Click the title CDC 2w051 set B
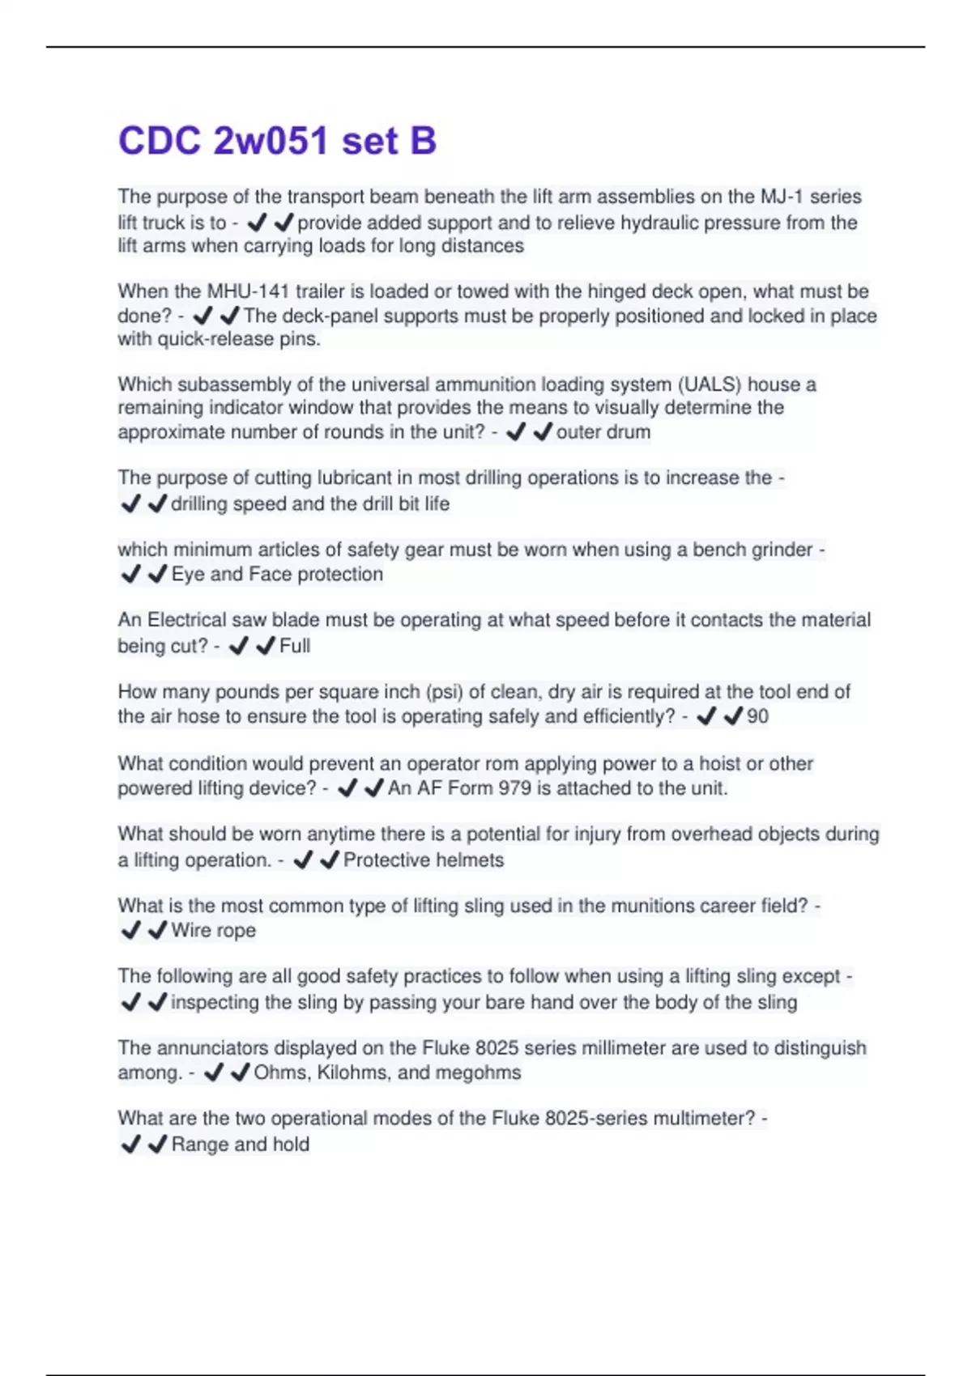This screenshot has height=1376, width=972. (277, 141)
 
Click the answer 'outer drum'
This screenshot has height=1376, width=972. (603, 432)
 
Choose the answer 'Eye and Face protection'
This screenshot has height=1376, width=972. (277, 575)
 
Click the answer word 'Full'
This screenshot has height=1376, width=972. (295, 646)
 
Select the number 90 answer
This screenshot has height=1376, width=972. (757, 716)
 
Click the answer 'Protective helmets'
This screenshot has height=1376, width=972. (423, 860)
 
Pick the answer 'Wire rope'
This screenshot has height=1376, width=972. (213, 931)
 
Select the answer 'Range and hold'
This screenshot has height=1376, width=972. (240, 1145)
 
